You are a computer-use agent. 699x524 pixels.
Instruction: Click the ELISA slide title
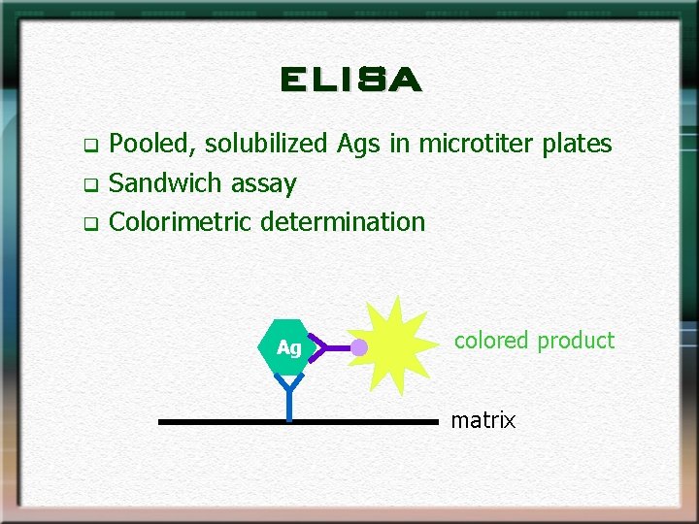(x=349, y=80)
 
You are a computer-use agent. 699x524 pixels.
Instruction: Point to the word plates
(x=577, y=144)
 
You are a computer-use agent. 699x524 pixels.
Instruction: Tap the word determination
(x=343, y=221)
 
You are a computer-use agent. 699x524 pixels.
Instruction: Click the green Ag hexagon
(x=288, y=346)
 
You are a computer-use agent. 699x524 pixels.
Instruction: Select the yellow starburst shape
(x=398, y=340)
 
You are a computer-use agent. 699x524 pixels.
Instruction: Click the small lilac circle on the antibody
(x=359, y=347)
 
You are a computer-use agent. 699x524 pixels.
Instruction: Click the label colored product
(x=534, y=341)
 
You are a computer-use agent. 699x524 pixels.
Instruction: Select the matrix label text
(x=483, y=420)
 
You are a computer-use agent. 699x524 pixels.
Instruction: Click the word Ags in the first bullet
(x=359, y=145)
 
